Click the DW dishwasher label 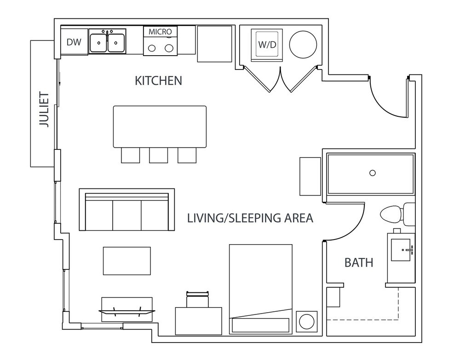tap(74, 42)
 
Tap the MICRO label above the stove tap(161, 32)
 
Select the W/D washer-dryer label tap(267, 45)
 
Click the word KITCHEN tap(158, 81)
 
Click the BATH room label tap(359, 263)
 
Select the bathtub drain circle tap(373, 173)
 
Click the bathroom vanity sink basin tap(401, 250)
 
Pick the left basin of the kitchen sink tap(98, 42)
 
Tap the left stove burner tap(152, 48)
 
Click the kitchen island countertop tap(160, 126)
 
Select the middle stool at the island tap(159, 155)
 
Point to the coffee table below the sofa tap(127, 261)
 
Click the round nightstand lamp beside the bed tap(307, 322)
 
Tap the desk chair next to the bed tap(197, 299)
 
